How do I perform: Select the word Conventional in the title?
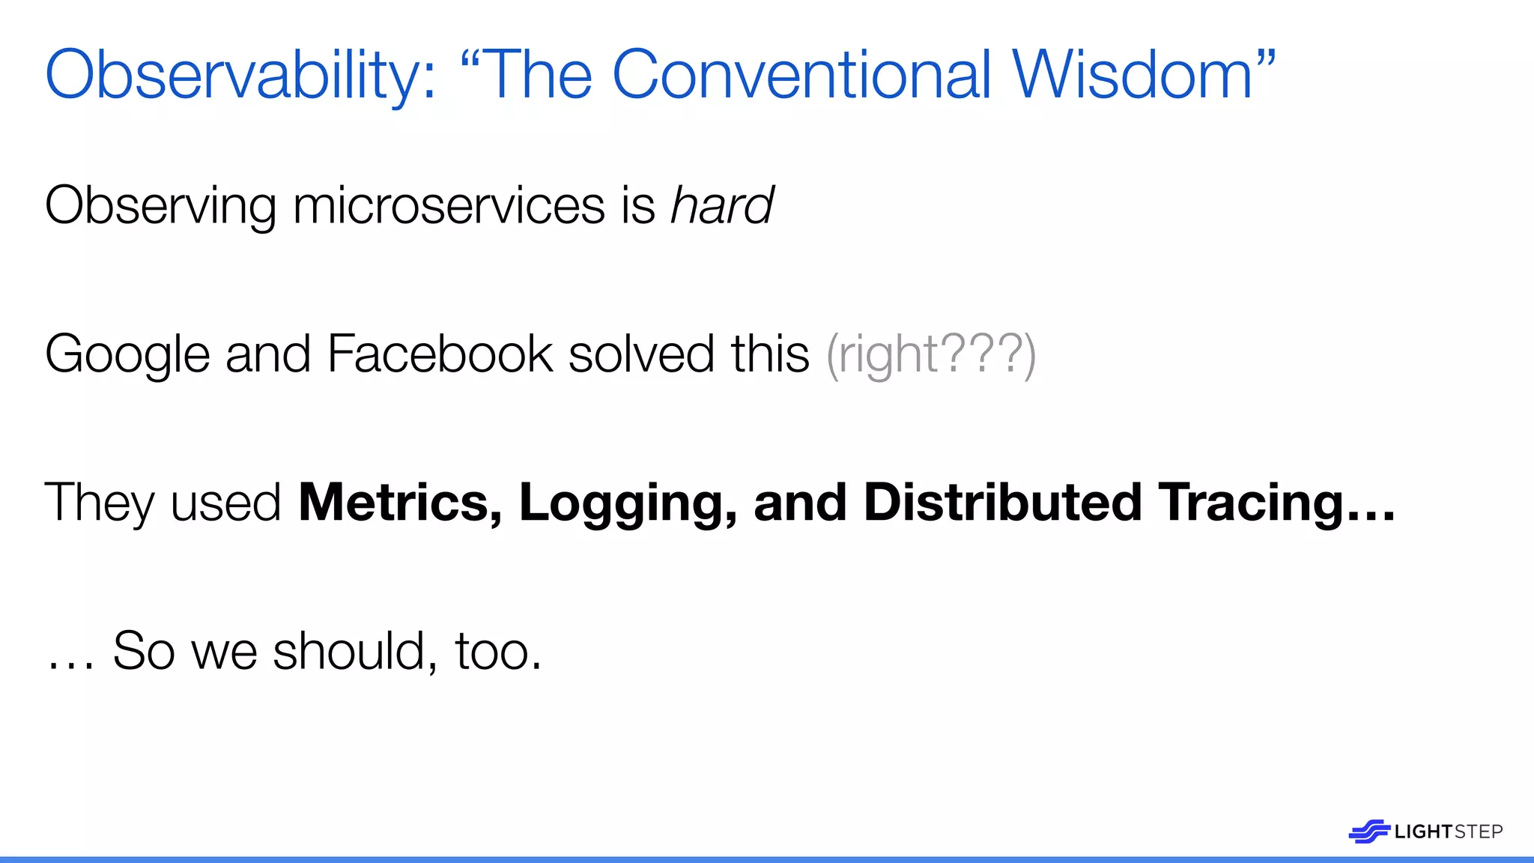tap(801, 75)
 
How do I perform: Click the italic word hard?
tap(722, 205)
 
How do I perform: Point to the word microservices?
tap(448, 205)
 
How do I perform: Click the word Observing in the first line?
tap(160, 207)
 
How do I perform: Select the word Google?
tap(127, 355)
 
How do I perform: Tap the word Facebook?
tap(440, 354)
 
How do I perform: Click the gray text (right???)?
tap(931, 354)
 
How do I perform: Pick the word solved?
tap(641, 354)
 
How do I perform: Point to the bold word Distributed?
tap(1002, 502)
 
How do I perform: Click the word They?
tap(100, 502)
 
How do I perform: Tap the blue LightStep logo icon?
tap(1368, 831)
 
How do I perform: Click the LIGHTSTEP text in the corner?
tap(1448, 832)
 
